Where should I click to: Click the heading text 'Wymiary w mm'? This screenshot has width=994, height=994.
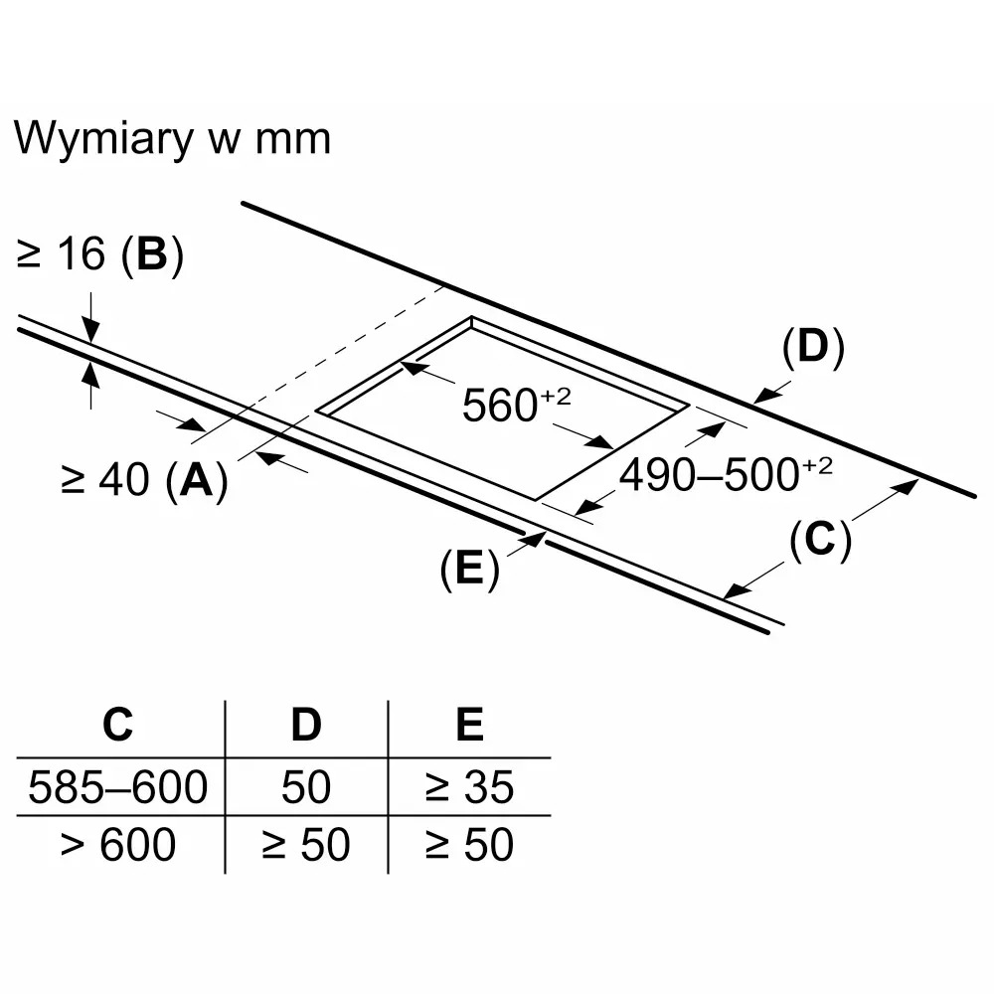coord(172,139)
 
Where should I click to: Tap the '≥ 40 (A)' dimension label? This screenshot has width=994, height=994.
coord(144,480)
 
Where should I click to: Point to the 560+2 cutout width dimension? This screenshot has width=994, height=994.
coord(516,404)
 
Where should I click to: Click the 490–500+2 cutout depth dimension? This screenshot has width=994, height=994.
coord(726,474)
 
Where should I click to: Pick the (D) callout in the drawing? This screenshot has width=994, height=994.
coord(813,347)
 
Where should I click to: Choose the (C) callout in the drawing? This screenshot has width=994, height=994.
coord(820,540)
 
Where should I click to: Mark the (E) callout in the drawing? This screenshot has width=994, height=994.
coord(470,568)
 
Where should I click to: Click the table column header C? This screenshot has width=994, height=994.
coord(118,724)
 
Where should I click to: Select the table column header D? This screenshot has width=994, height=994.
coord(306,724)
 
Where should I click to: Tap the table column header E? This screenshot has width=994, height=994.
coord(470,724)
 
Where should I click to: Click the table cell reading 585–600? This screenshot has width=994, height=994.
coord(118,786)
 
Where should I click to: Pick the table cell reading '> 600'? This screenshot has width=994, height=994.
coord(118,844)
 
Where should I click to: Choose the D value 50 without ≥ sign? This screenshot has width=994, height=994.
coord(306,786)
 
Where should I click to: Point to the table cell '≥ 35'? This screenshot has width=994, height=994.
coord(470,786)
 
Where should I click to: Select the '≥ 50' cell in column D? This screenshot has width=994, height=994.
coord(306,844)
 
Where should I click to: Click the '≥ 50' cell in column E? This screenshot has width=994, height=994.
coord(470,844)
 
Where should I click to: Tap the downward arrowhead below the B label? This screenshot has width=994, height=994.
coord(91,330)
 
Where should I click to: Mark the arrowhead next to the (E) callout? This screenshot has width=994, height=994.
coord(536,539)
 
